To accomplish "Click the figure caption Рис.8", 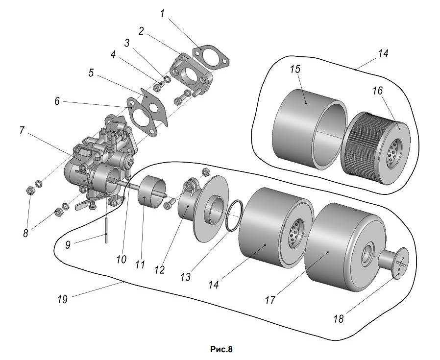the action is coord(221,349).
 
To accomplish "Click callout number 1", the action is coord(162,14).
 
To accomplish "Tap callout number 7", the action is coord(22,131).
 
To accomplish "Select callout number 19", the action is coord(63,299).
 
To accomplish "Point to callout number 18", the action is coord(339,319).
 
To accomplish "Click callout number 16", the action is coord(378,91).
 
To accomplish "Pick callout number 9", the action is coord(68,245).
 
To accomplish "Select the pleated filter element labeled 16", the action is coord(376,148).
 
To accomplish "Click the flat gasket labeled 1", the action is coord(211,57).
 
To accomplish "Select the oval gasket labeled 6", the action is coord(142,117).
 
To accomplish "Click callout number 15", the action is coord(295,69).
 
